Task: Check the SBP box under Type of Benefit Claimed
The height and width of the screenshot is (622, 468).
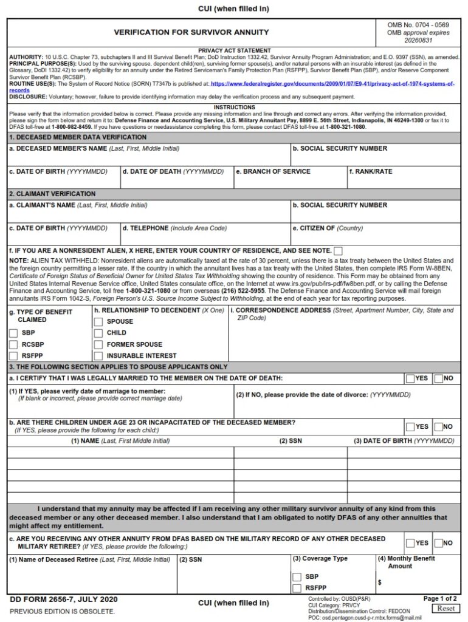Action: click(x=13, y=333)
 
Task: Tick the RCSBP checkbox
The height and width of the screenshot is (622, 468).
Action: click(x=13, y=344)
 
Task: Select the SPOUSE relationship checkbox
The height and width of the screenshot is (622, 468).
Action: click(x=98, y=321)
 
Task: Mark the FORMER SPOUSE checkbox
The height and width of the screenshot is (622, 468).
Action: click(x=98, y=344)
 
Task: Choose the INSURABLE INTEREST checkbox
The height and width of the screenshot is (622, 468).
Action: click(x=98, y=356)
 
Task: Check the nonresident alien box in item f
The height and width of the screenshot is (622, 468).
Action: click(x=338, y=251)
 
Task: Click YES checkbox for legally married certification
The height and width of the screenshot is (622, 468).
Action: click(x=410, y=378)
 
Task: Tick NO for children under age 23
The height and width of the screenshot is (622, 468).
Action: click(x=439, y=426)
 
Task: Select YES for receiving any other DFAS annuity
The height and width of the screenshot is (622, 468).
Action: click(x=410, y=543)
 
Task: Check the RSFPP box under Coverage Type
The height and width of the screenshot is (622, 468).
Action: click(x=297, y=588)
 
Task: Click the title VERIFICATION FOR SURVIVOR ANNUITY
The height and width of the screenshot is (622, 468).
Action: click(x=191, y=32)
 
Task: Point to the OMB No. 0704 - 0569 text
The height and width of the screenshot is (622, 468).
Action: click(x=418, y=25)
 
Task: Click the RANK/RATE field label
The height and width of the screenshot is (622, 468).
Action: click(x=371, y=171)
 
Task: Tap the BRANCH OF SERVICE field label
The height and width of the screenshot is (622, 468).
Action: click(x=273, y=171)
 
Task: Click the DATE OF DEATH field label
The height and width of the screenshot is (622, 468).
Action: click(x=151, y=171)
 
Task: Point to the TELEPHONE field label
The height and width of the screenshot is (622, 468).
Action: click(x=145, y=228)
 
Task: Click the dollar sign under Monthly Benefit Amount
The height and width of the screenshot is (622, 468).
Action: click(x=379, y=582)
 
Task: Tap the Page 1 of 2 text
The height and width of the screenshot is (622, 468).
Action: click(x=440, y=598)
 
